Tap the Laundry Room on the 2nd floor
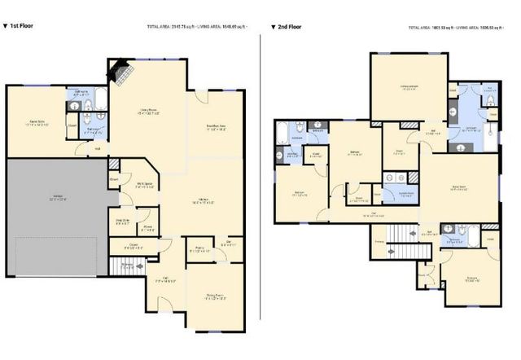click(399, 194)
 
